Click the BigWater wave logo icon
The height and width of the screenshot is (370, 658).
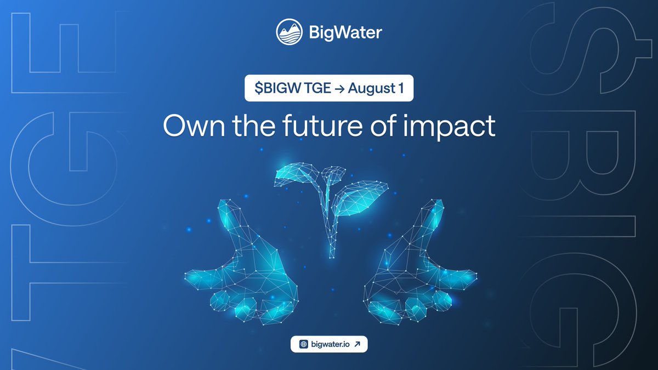[x=289, y=31]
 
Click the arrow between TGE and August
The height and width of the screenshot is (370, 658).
[x=341, y=89]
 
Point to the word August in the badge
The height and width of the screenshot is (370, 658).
[x=371, y=89]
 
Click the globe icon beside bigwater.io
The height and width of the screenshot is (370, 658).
[x=303, y=344]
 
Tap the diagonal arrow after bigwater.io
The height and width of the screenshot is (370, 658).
[x=358, y=344]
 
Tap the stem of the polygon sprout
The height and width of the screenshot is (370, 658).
[x=331, y=230]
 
